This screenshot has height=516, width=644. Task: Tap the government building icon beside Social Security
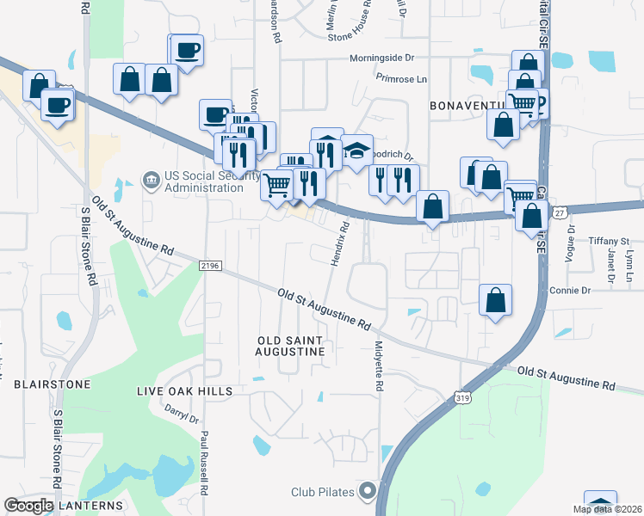tap(151, 180)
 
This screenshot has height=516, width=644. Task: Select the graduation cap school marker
tap(356, 150)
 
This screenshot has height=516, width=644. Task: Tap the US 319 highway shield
tap(462, 398)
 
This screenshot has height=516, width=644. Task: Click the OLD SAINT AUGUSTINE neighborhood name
tap(291, 346)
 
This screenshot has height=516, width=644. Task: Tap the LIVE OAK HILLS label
tap(184, 391)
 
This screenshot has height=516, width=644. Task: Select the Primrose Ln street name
tap(401, 78)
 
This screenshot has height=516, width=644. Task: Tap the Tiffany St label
tap(609, 241)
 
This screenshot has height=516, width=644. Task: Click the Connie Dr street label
tap(568, 291)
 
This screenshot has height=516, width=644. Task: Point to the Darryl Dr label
tap(182, 415)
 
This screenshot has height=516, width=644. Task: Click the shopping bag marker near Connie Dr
tap(495, 301)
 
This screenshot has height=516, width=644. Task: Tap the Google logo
tap(28, 507)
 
